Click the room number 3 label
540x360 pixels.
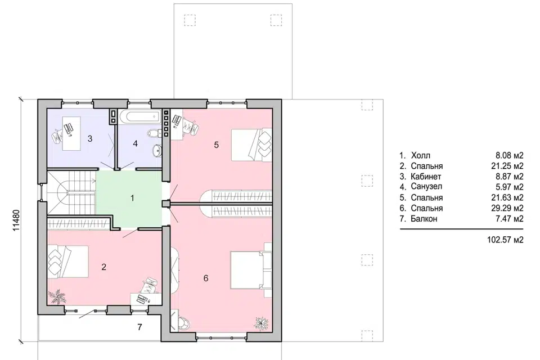pos(90,139)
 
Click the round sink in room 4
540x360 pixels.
pos(157,150)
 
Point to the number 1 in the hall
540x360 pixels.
pos(132,198)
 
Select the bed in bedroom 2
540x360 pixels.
pos(68,262)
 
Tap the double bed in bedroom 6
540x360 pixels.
pos(251,270)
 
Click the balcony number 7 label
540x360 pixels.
pos(139,327)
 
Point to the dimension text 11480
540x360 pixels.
pos(17,220)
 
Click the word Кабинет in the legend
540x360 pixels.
pos(426,177)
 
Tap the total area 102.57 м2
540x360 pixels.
pos(505,240)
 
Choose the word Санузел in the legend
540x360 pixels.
pos(426,187)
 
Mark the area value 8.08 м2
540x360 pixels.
pos(510,155)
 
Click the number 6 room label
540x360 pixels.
pos(206,278)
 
